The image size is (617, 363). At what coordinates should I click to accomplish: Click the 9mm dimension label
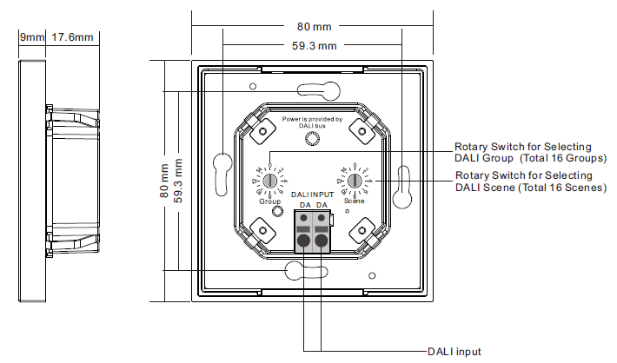pos(31,37)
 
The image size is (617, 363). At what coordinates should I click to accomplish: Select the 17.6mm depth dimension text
pos(72,37)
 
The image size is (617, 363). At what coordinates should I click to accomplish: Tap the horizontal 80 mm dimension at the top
pos(310,28)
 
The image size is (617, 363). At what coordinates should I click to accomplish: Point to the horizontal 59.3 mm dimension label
pos(310,45)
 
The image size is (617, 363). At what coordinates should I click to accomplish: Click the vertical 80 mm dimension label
pos(163,181)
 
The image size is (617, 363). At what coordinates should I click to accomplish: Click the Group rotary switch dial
pos(269,181)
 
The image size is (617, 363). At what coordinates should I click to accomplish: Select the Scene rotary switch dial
pos(355,181)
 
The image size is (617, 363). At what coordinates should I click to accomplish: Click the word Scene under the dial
pos(355,201)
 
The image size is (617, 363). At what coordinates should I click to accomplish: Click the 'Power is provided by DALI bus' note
pos(312,122)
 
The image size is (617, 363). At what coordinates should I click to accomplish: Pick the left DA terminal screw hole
pos(303,240)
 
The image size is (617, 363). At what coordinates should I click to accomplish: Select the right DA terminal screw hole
pos(322,240)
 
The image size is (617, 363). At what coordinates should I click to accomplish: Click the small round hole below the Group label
pos(276,212)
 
